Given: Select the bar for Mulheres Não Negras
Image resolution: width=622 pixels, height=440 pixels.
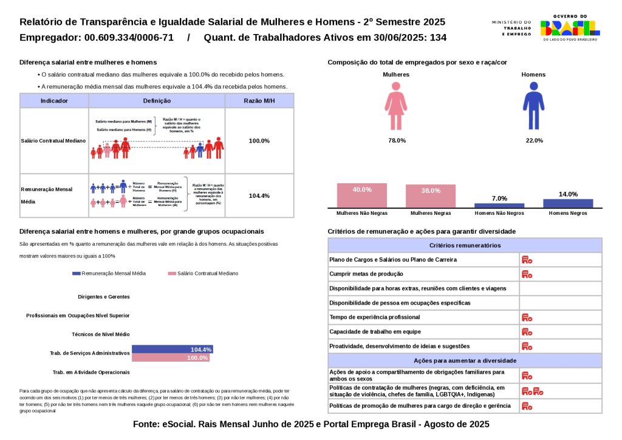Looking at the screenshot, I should (x=362, y=195).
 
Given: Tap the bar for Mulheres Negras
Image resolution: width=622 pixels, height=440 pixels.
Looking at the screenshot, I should (x=431, y=196).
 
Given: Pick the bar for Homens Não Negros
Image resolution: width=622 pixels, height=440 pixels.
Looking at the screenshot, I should (x=499, y=205).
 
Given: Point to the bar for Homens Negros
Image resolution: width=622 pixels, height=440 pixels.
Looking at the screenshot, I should (x=568, y=203).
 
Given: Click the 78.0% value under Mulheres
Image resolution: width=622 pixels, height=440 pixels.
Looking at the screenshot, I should (x=397, y=141).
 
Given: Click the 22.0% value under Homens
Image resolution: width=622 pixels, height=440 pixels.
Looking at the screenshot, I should (x=535, y=141).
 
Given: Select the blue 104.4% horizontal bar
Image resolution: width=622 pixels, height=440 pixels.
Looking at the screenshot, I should (x=172, y=350).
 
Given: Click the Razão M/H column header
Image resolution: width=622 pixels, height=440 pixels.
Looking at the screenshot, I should (x=259, y=101).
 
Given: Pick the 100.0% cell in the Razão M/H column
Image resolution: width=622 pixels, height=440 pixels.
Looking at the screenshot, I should (x=259, y=141).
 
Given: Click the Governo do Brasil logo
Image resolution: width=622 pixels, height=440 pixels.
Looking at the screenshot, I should (x=570, y=27).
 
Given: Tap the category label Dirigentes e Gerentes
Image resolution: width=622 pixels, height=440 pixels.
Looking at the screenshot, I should (x=104, y=297).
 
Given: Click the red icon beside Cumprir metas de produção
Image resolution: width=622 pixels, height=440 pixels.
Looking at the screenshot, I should (x=527, y=274).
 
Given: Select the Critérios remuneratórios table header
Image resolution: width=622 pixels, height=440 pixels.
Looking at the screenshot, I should (x=465, y=245).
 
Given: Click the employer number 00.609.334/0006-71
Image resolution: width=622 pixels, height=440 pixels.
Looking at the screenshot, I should (x=129, y=38).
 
